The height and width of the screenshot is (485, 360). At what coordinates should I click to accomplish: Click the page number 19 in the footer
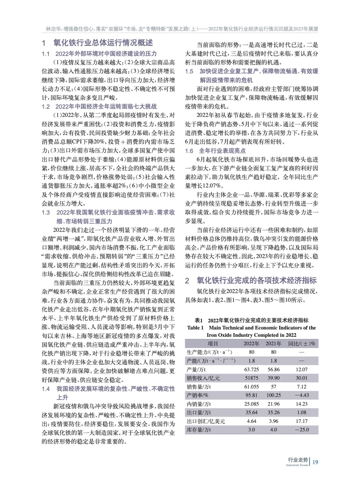(315, 462)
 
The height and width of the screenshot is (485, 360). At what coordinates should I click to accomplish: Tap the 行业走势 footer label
(298, 460)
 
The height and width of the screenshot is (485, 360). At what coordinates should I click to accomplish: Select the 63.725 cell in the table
(251, 370)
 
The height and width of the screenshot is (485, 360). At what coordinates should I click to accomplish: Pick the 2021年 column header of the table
(274, 344)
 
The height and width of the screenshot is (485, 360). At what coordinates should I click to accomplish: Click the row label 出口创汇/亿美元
(206, 421)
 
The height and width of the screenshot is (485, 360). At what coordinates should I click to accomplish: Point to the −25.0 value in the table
(302, 430)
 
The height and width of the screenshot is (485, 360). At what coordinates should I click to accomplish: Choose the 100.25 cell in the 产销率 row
(274, 395)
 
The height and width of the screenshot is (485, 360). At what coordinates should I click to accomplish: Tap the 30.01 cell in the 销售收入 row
(302, 378)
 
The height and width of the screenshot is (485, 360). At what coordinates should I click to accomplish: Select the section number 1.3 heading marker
(46, 212)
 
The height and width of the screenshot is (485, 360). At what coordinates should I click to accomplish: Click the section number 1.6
(189, 151)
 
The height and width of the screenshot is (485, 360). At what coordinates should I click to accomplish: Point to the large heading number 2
(187, 280)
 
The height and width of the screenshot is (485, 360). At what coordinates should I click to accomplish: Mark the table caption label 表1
(199, 320)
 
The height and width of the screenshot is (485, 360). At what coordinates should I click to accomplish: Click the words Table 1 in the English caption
(196, 328)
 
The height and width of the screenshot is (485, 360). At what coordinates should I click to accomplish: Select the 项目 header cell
(213, 344)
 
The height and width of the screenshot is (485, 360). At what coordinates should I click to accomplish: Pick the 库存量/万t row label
(199, 430)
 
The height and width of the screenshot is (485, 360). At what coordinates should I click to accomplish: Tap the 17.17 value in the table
(302, 421)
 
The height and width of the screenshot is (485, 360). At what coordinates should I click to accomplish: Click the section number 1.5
(189, 71)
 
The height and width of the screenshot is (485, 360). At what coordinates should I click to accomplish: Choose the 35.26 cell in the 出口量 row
(274, 413)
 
